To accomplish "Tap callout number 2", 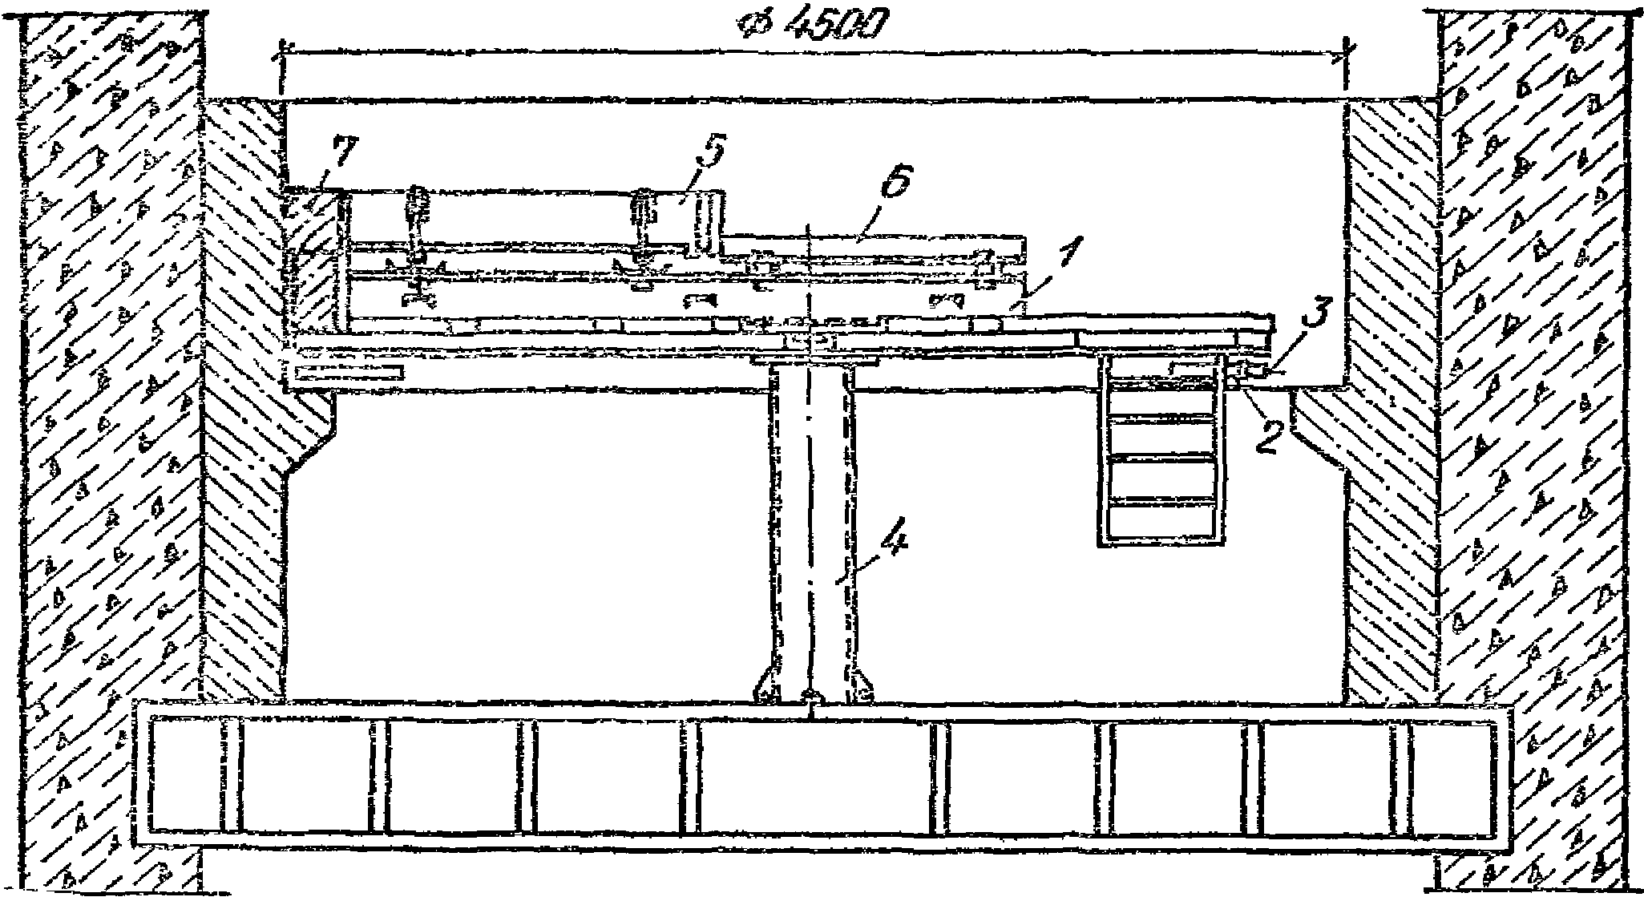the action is (1266, 435).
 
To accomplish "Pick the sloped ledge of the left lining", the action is (313, 437).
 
